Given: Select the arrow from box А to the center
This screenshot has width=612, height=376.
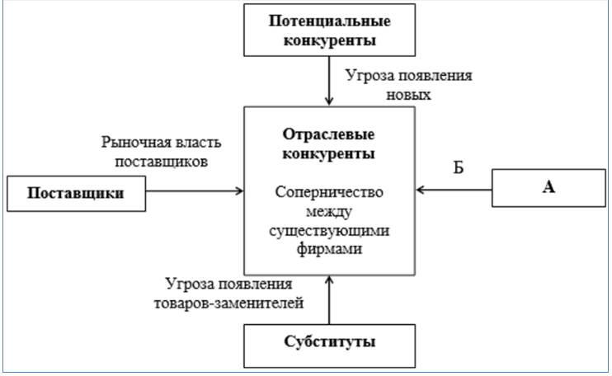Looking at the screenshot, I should pyautogui.click(x=454, y=190).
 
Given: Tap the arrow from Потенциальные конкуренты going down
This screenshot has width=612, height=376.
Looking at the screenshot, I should pyautogui.click(x=329, y=82).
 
